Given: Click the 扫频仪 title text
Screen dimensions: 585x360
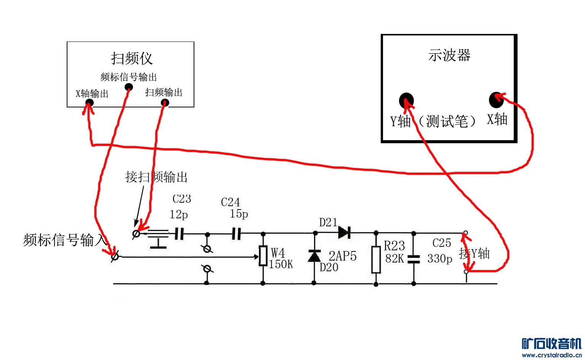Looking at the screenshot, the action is (x=132, y=58).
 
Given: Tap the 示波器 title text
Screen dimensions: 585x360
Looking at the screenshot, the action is (x=449, y=55).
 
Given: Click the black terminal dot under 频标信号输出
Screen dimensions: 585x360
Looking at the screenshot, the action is (x=129, y=87).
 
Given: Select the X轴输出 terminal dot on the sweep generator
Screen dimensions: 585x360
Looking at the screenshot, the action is (x=90, y=102).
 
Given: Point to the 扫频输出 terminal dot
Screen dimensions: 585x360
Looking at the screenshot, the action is (x=165, y=102).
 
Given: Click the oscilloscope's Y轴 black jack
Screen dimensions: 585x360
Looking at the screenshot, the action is (x=406, y=101).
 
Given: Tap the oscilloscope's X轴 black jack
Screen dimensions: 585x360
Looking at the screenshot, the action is (x=496, y=100).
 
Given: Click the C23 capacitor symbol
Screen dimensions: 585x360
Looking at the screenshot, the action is (x=180, y=234).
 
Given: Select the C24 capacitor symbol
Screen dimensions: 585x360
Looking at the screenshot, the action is (x=237, y=234).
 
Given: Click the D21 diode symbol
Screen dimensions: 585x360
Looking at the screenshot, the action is (x=345, y=232).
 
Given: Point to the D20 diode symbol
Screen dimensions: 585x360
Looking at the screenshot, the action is (x=314, y=256).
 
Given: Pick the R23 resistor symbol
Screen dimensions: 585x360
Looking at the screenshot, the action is (x=376, y=259).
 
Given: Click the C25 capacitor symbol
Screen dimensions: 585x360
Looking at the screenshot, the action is (x=414, y=259).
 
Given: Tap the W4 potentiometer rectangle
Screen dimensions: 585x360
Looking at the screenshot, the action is (x=263, y=256).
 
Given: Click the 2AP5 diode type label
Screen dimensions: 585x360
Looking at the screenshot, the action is (x=343, y=256).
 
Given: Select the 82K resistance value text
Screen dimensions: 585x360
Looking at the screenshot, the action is (x=394, y=258).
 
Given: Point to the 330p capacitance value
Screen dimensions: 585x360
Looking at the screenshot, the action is (x=440, y=259).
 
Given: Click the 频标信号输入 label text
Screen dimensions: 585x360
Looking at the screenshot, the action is (x=65, y=240).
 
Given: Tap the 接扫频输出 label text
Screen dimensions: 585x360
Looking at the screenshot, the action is (x=156, y=177).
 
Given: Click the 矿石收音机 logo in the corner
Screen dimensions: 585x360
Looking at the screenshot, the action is (x=551, y=344).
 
